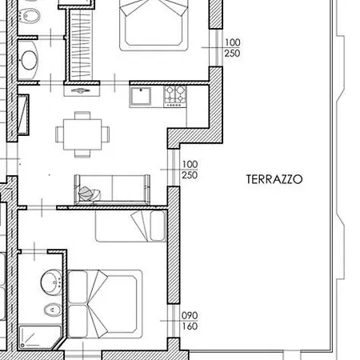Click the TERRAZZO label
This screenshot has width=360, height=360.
point(274,179)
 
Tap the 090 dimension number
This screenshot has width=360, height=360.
point(190,315)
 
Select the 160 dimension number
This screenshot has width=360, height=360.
point(190,326)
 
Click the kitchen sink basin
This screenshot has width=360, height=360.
point(141,97)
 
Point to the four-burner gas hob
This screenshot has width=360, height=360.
point(175,96)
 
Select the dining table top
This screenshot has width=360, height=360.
point(82,134)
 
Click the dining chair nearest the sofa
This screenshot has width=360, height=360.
point(82,153)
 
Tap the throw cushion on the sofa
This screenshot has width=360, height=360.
point(89,193)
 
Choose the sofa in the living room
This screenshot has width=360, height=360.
point(112,189)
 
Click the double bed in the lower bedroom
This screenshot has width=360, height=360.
point(105,304)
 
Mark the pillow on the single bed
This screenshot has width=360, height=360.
point(158,226)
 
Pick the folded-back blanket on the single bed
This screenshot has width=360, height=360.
point(141,226)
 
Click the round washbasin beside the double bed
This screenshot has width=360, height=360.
point(51,282)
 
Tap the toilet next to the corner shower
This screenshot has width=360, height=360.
point(53,310)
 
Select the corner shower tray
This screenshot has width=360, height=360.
point(40,338)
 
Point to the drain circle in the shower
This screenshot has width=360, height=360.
point(22,346)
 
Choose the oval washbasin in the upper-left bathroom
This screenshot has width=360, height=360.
point(29,60)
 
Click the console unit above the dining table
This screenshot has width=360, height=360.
point(82,90)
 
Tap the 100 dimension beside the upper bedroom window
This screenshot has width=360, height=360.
point(233,42)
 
